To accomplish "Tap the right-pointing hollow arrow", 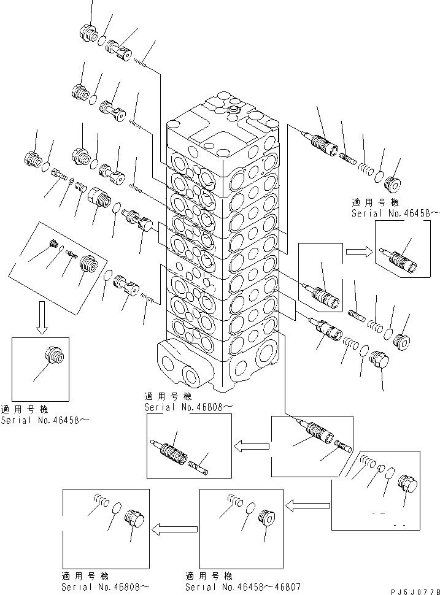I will pos(359,251).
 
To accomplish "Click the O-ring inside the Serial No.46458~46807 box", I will pos(250,508).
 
